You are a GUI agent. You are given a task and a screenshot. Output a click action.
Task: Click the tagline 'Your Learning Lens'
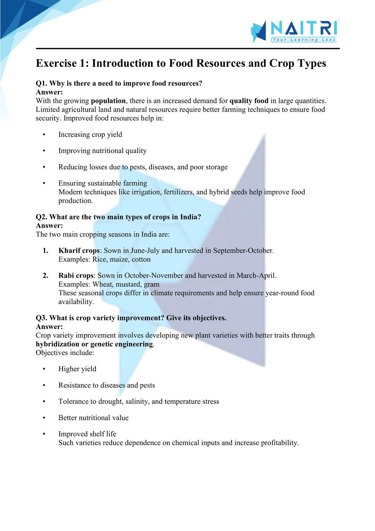(x=304, y=40)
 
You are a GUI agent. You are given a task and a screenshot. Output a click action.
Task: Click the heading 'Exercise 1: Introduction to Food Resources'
(x=181, y=63)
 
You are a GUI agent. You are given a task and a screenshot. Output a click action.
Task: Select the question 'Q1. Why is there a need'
(x=119, y=84)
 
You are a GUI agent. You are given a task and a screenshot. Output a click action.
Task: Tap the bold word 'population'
(x=108, y=101)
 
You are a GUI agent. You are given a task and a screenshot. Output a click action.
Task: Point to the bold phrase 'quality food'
(x=249, y=101)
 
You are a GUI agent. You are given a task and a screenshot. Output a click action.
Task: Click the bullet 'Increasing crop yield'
(x=90, y=134)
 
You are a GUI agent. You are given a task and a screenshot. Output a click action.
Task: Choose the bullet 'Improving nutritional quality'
(x=103, y=151)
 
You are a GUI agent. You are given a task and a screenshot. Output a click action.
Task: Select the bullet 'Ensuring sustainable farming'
(x=103, y=183)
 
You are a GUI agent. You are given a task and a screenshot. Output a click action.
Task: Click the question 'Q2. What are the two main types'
(x=118, y=217)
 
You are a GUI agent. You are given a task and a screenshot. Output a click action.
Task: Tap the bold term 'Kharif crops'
(x=79, y=251)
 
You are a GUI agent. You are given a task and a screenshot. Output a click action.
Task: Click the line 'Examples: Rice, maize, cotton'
(x=104, y=259)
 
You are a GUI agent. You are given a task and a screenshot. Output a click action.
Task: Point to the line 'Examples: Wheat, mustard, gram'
(x=109, y=284)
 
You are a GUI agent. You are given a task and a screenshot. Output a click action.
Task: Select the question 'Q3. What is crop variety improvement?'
(x=131, y=318)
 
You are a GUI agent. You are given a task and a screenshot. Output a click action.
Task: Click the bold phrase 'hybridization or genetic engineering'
(x=94, y=344)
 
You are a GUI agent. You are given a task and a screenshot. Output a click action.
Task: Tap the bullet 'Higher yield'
(x=77, y=369)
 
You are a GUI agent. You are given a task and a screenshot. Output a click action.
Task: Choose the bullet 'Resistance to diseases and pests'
(x=107, y=385)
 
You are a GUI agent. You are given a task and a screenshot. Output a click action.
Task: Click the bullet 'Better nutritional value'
(x=93, y=418)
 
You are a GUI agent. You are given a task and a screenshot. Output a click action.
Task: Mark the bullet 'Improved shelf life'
(x=87, y=434)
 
